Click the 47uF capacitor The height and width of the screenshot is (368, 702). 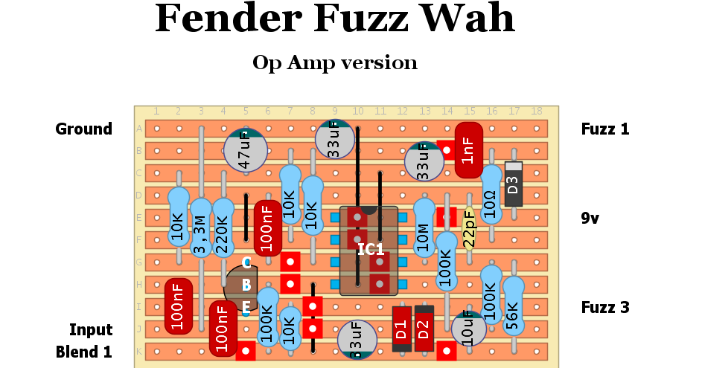(246, 151)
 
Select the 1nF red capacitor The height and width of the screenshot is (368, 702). (468, 150)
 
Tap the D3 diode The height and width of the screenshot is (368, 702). (513, 184)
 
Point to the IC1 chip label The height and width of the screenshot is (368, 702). (370, 249)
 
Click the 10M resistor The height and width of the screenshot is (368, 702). (424, 226)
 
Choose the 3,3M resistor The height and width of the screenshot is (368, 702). (201, 227)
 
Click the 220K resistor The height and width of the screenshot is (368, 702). (223, 227)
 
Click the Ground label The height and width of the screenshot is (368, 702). (83, 129)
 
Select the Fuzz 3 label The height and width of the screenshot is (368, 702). (604, 307)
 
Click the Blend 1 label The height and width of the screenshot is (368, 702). (83, 352)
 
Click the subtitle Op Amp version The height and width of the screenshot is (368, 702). (334, 62)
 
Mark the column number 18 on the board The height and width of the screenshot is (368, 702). (536, 112)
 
